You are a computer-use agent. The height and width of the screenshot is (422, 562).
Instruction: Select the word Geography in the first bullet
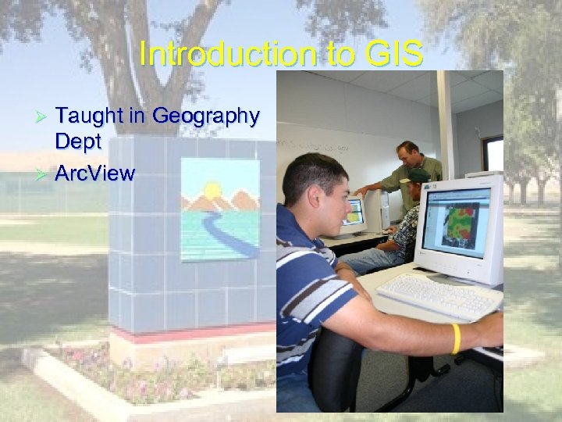(x=206, y=116)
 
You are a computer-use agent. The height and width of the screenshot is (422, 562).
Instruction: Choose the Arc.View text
(x=95, y=173)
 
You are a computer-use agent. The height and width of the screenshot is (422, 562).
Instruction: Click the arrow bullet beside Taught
(x=44, y=117)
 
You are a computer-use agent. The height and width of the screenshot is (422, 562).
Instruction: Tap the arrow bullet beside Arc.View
(x=44, y=173)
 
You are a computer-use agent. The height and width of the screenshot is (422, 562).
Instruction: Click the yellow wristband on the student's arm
(x=456, y=338)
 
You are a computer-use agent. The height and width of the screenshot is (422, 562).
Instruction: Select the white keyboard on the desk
(x=439, y=295)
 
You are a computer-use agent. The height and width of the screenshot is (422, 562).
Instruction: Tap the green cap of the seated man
(x=420, y=176)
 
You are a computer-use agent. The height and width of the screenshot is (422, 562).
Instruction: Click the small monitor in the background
(x=354, y=214)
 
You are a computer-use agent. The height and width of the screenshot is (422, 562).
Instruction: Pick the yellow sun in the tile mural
(x=212, y=190)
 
